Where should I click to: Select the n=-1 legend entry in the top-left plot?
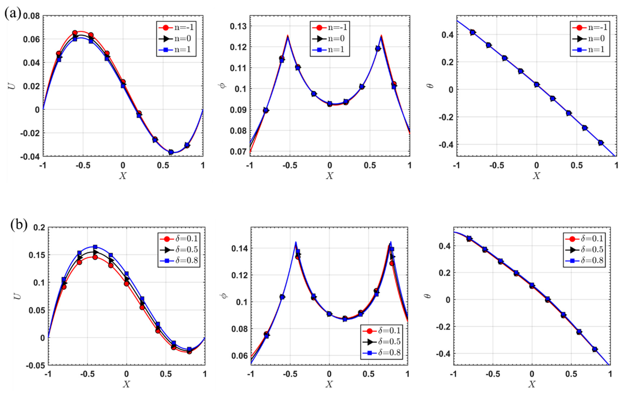tap(176, 27)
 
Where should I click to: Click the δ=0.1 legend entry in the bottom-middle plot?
tap(381, 330)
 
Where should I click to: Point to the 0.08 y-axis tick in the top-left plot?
tap(31, 16)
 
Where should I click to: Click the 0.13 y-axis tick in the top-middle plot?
tap(239, 26)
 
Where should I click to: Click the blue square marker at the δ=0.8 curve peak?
tap(95, 247)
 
